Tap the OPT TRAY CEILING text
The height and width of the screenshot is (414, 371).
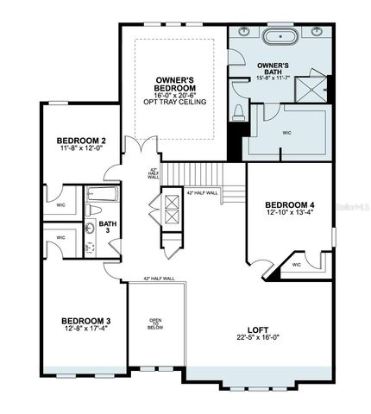pyautogui.click(x=179, y=104)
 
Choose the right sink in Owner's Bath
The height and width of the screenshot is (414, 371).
pyautogui.click(x=312, y=32)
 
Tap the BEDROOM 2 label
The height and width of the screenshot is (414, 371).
pyautogui.click(x=81, y=140)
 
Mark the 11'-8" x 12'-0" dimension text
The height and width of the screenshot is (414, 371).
pyautogui.click(x=81, y=149)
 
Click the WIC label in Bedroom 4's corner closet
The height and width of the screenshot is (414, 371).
pyautogui.click(x=296, y=265)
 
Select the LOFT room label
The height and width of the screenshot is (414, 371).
pyautogui.click(x=255, y=329)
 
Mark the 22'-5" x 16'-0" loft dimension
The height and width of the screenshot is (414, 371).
pyautogui.click(x=255, y=339)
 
